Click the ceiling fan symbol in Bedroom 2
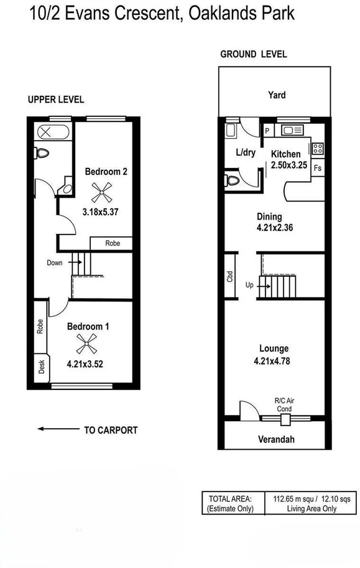101,192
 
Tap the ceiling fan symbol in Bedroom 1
86,344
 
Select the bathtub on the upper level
53,132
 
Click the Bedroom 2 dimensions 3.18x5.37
100,212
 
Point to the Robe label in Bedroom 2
113,243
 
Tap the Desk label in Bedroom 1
42,367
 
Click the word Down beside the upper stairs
55,263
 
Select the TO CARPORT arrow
58,429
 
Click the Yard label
277,95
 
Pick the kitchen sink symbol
292,130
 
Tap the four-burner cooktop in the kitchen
318,149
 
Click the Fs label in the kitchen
318,168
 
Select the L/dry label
246,152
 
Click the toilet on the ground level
232,180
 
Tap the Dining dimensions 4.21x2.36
275,228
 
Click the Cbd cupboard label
230,277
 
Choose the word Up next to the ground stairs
249,285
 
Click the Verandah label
276,439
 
